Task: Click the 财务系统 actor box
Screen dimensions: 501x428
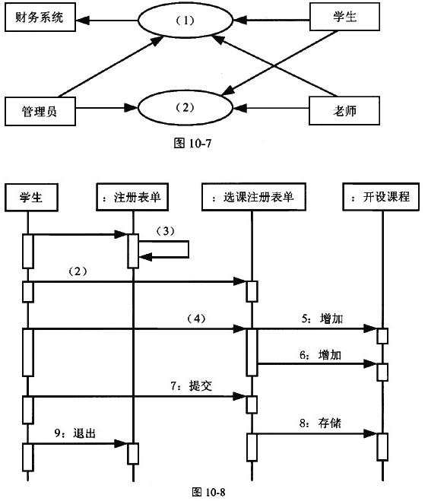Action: (39, 18)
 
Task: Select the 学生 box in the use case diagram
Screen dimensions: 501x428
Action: (344, 17)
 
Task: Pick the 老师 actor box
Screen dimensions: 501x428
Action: (344, 113)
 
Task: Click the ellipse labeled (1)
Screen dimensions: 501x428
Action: (186, 21)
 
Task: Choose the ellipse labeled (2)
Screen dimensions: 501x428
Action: (185, 107)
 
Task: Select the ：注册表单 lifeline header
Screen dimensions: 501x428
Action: (132, 197)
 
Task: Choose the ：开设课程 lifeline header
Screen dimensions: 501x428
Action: (377, 197)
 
